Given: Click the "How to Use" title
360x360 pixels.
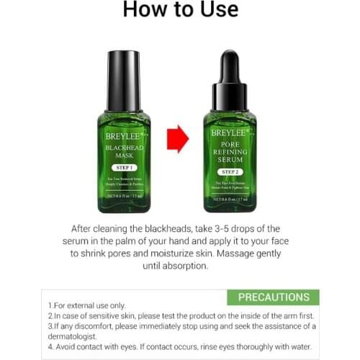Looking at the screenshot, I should click(180, 11).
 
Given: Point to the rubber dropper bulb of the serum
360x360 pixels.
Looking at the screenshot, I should click(230, 64).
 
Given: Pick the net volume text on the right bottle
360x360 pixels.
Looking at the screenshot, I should click(230, 199).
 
